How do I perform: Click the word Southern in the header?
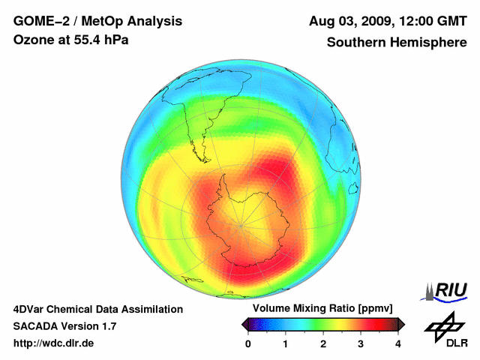pyautogui.click(x=356, y=42)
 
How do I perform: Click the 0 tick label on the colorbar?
pyautogui.click(x=248, y=343)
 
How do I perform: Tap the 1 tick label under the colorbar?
pyautogui.click(x=286, y=343)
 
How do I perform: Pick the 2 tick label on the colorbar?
pyautogui.click(x=323, y=343)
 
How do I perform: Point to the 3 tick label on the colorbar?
pyautogui.click(x=361, y=343)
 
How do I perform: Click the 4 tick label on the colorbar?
pyautogui.click(x=398, y=343)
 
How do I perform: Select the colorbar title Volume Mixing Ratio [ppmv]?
pyautogui.click(x=323, y=308)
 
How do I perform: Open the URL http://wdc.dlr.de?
pyautogui.click(x=54, y=343)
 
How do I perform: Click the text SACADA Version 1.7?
pyautogui.click(x=64, y=326)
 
